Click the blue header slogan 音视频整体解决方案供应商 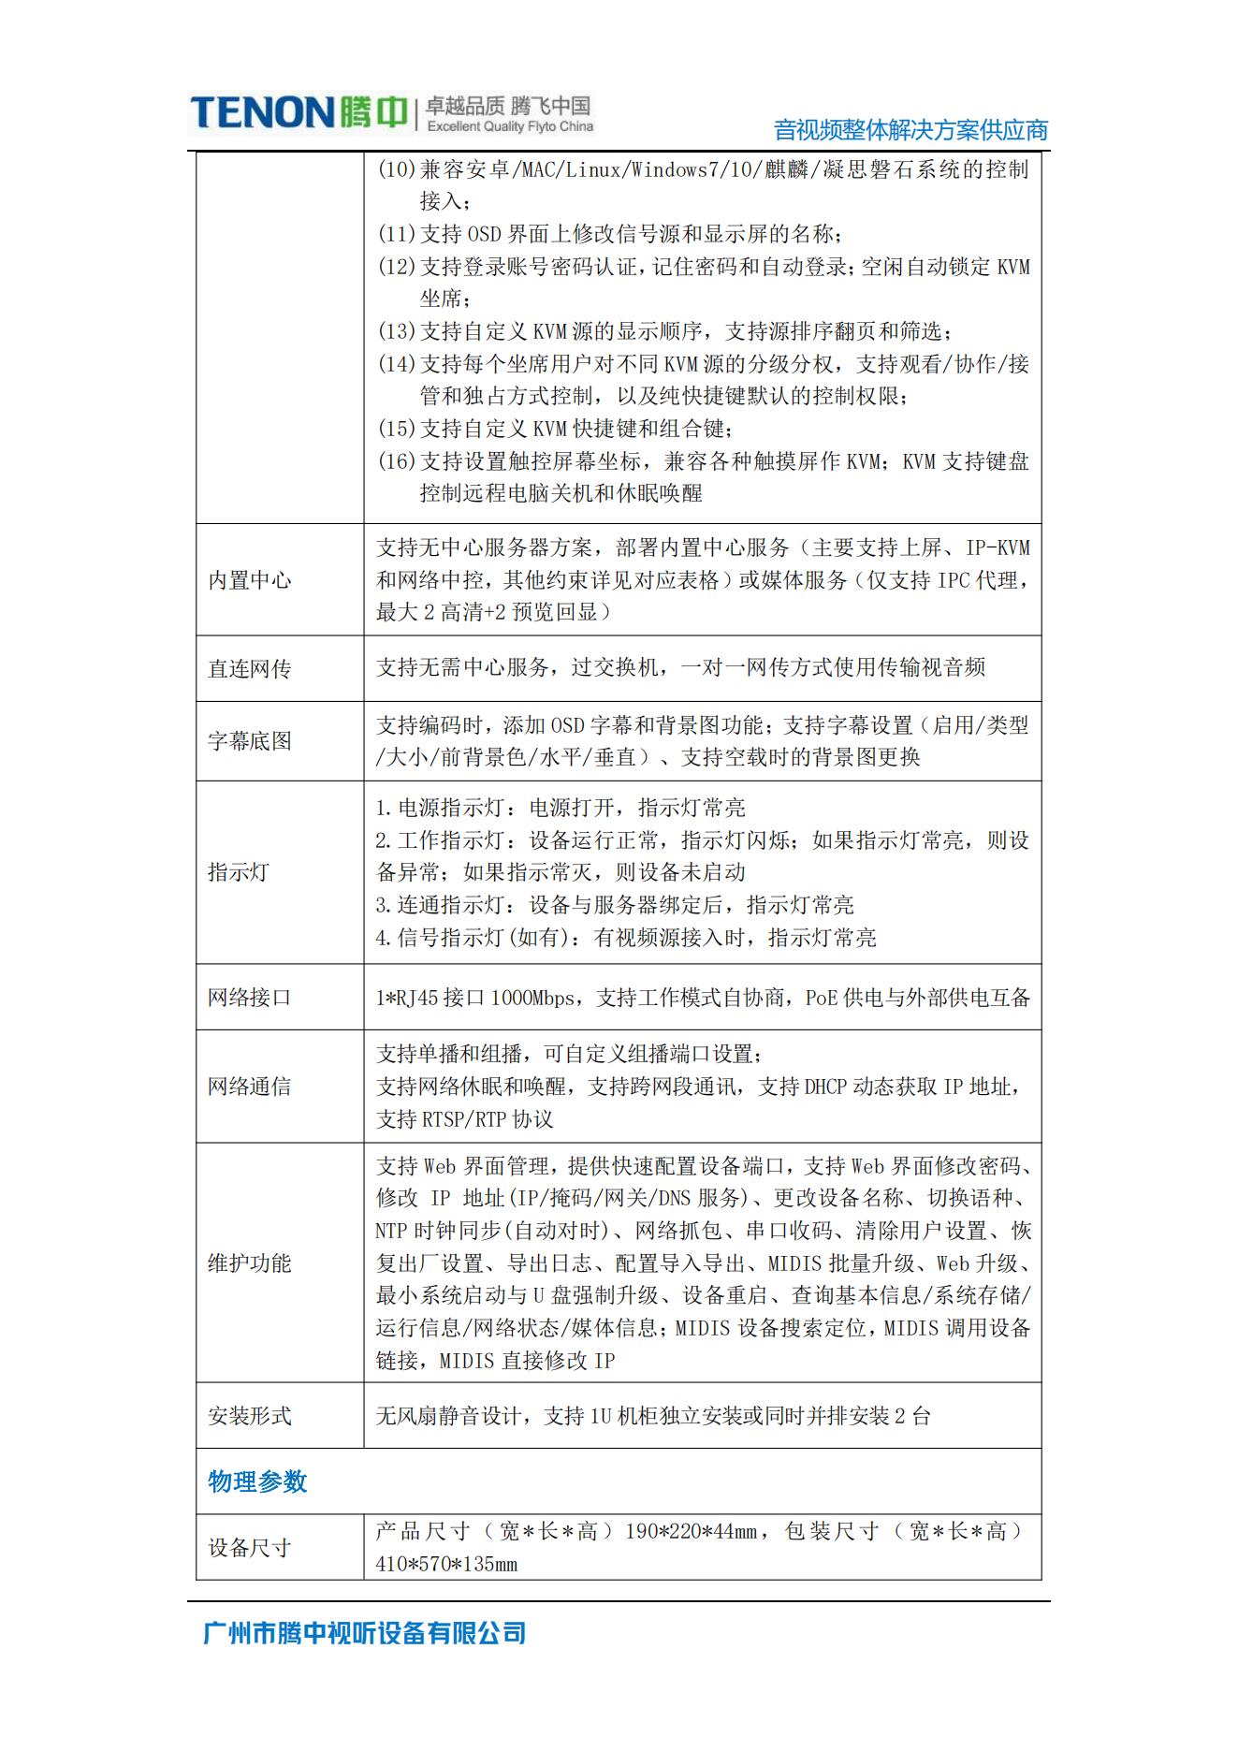point(910,130)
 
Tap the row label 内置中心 point(249,580)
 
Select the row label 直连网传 point(249,668)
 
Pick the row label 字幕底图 point(249,741)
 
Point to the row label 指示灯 point(238,872)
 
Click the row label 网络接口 point(249,998)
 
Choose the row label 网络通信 point(249,1087)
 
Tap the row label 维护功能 point(249,1263)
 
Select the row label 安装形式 point(249,1416)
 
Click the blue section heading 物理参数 point(257,1481)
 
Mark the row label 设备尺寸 point(249,1548)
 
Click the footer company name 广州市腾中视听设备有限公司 point(364,1634)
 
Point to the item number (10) point(396,169)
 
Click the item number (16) point(396,461)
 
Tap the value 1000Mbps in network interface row point(533,999)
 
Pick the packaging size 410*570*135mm point(446,1564)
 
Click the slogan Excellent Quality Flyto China point(510,126)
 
